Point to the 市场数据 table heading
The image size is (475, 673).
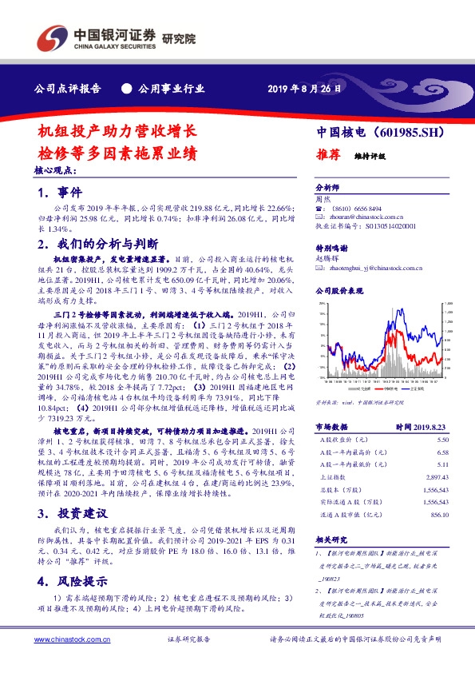coord(329,428)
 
